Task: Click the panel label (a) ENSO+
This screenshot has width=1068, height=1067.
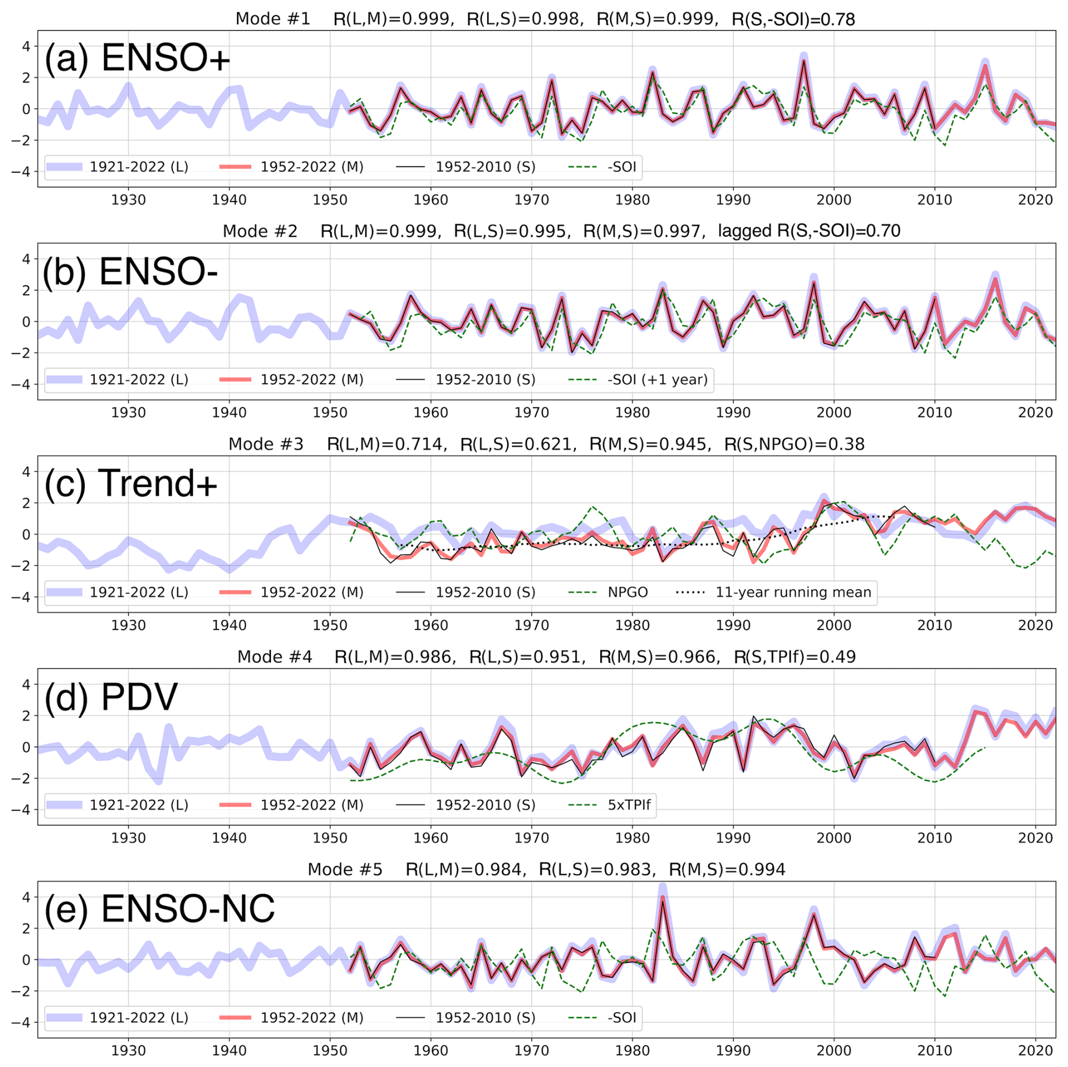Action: pyautogui.click(x=137, y=58)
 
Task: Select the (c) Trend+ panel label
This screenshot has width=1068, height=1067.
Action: pyautogui.click(x=130, y=483)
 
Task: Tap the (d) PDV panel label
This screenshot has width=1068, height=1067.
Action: pyautogui.click(x=111, y=696)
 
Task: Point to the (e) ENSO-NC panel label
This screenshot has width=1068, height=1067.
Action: pyautogui.click(x=159, y=909)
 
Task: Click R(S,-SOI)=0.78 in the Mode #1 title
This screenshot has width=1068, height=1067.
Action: pyautogui.click(x=793, y=19)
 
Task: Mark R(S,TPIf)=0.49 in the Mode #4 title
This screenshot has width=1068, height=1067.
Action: pyautogui.click(x=794, y=657)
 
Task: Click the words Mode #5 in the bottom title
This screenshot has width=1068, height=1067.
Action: pyautogui.click(x=345, y=870)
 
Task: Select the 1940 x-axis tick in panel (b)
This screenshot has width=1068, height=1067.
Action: pyautogui.click(x=229, y=413)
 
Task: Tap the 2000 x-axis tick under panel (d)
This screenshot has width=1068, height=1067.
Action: pyautogui.click(x=834, y=838)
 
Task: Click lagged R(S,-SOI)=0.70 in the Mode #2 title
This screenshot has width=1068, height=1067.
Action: pyautogui.click(x=809, y=231)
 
